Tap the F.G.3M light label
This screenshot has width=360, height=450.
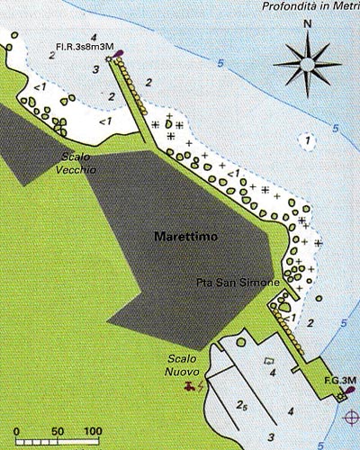click(x=341, y=381)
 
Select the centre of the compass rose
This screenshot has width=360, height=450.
click(x=307, y=65)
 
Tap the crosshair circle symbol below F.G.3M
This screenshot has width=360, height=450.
click(x=349, y=416)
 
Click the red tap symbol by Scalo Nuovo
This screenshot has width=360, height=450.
click(x=188, y=387)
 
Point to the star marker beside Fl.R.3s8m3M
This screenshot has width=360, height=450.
click(x=109, y=59)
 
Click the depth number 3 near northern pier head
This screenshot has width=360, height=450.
click(x=94, y=69)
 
